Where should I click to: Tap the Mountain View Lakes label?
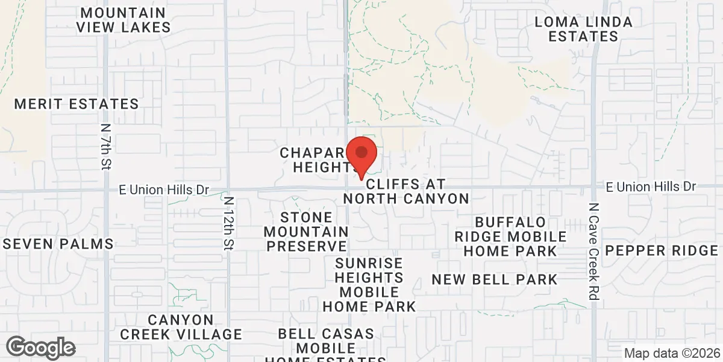123,20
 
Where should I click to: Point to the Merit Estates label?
77,104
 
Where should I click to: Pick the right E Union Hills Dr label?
651,186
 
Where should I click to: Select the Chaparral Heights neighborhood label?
316,160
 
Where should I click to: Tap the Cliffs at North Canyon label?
406,191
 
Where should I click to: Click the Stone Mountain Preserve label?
307,232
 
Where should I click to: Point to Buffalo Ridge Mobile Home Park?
511,237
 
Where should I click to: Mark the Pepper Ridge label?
662,250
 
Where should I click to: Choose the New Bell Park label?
495,279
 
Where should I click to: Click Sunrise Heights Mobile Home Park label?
369,285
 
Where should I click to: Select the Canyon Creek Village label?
181,327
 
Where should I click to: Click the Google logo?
41,348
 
